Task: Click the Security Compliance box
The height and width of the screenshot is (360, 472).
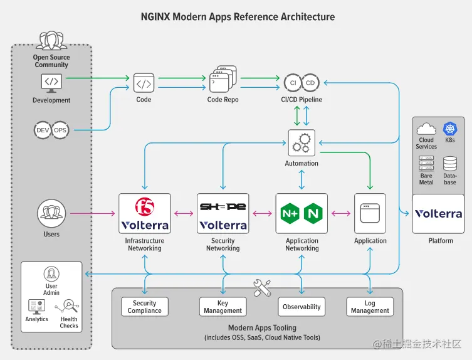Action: [x=145, y=307]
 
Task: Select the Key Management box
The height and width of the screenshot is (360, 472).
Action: [x=223, y=307]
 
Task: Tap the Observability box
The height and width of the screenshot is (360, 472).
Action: [x=302, y=307]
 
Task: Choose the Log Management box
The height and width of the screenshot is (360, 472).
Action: [x=370, y=307]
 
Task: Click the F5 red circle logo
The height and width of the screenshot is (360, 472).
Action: [x=145, y=206]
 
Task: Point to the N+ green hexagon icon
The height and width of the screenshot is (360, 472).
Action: [x=290, y=214]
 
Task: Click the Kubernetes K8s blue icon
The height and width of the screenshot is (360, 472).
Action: [x=449, y=129]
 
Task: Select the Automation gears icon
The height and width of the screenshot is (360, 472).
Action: [x=302, y=142]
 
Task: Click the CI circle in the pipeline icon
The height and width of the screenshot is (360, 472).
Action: [x=293, y=82]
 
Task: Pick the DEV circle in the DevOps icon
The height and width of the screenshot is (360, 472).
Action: [x=43, y=130]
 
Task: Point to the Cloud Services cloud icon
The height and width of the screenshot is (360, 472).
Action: [x=426, y=129]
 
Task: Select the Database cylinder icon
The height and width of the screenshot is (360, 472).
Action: [x=449, y=164]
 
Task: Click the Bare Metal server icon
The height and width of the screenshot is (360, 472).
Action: [x=426, y=164]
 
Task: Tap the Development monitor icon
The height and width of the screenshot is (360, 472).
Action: [x=51, y=82]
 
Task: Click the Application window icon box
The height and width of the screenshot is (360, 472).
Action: [x=370, y=214]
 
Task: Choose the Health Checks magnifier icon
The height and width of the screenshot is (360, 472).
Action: [x=69, y=307]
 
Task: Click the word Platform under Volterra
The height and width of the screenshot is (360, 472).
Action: [x=441, y=240]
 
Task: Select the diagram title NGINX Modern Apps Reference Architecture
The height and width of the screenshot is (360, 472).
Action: [x=238, y=17]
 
